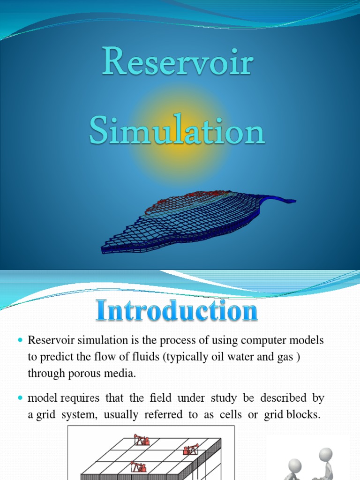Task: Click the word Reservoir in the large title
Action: click(x=178, y=65)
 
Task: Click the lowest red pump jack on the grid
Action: click(x=138, y=467)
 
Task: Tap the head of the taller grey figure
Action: click(x=325, y=454)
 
